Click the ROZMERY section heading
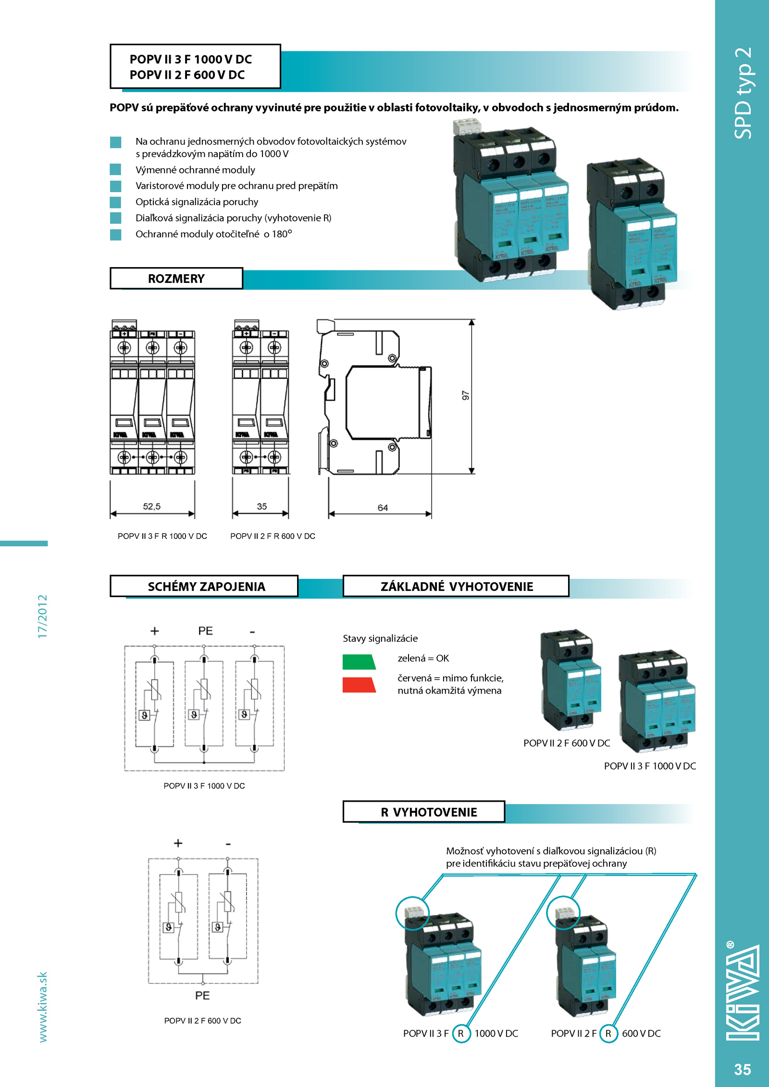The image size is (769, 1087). pyautogui.click(x=176, y=279)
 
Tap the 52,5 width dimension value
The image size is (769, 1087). pyautogui.click(x=151, y=506)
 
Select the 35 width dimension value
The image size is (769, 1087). pyautogui.click(x=261, y=506)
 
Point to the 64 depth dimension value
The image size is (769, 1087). pyautogui.click(x=383, y=508)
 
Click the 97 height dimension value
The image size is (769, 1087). pyautogui.click(x=465, y=395)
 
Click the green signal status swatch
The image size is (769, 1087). pyautogui.click(x=359, y=662)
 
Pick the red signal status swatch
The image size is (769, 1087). pyautogui.click(x=359, y=685)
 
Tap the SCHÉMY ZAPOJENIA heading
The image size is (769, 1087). pyautogui.click(x=206, y=586)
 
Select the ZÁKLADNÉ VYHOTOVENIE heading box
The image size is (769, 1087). pyautogui.click(x=456, y=586)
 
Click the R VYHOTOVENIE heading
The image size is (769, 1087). pyautogui.click(x=429, y=812)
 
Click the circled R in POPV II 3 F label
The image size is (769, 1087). pyautogui.click(x=461, y=1033)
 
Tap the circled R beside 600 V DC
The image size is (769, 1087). pyautogui.click(x=608, y=1033)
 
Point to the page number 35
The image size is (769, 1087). pyautogui.click(x=742, y=1069)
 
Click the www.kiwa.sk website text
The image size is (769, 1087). pyautogui.click(x=43, y=1007)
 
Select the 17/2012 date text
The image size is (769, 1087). pyautogui.click(x=43, y=616)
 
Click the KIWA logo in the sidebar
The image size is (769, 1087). pyautogui.click(x=743, y=992)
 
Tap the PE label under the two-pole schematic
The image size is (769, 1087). pyautogui.click(x=202, y=996)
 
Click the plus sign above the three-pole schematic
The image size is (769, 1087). pyautogui.click(x=154, y=631)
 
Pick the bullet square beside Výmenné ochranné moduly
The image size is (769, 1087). pyautogui.click(x=115, y=170)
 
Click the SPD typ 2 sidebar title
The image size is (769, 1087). pyautogui.click(x=743, y=93)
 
